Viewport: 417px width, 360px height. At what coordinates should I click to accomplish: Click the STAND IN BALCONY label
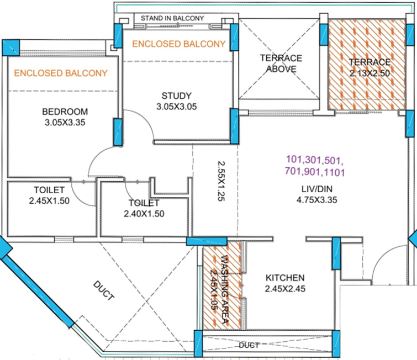pyautogui.click(x=172, y=18)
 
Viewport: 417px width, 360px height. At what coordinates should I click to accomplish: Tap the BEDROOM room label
pyautogui.click(x=65, y=112)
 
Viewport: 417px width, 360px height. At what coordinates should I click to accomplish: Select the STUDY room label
pyautogui.click(x=176, y=94)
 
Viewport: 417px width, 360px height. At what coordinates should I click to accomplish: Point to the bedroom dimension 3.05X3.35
pyautogui.click(x=65, y=123)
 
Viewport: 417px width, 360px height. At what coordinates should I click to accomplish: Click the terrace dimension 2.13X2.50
pyautogui.click(x=370, y=72)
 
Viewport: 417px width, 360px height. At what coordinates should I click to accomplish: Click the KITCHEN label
pyautogui.click(x=286, y=277)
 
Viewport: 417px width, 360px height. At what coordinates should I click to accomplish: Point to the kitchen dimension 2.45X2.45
pyautogui.click(x=286, y=288)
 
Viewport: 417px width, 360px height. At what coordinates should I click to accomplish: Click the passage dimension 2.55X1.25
pyautogui.click(x=221, y=182)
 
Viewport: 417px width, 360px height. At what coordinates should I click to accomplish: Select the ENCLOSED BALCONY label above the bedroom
pyautogui.click(x=61, y=73)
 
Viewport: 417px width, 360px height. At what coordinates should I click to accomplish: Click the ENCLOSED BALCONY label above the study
pyautogui.click(x=179, y=44)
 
